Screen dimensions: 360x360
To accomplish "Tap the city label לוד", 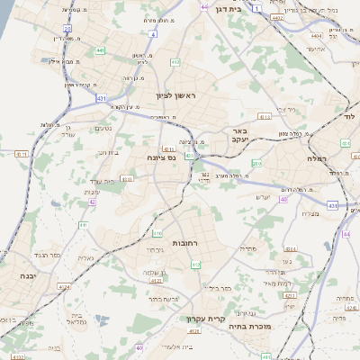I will pyautogui.click(x=350, y=117).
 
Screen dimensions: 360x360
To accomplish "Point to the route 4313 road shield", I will pyautogui.click(x=264, y=117).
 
